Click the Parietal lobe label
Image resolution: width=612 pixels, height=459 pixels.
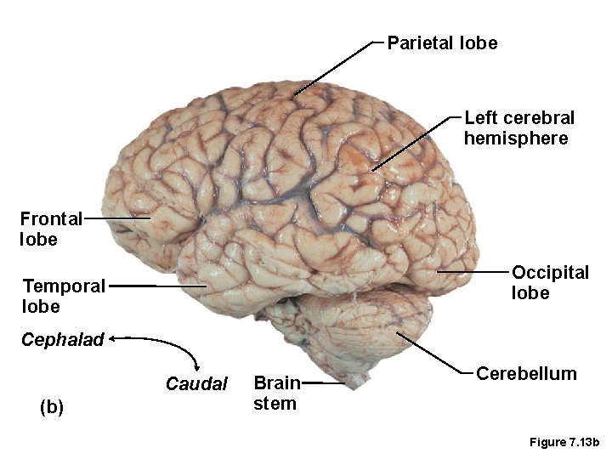tap(442, 42)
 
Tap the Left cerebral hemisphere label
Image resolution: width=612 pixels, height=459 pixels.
tap(518, 127)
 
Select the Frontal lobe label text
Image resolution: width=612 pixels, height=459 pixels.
tap(50, 229)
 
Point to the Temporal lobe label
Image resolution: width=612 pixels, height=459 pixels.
tap(64, 296)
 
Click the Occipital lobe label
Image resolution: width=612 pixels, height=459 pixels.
tap(550, 282)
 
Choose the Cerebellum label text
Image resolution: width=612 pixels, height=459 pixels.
tap(526, 373)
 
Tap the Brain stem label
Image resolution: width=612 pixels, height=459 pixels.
tap(276, 393)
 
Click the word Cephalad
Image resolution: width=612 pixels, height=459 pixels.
tap(62, 340)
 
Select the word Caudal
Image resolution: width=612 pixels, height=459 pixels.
tap(196, 384)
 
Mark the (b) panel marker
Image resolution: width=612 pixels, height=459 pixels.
tap(52, 407)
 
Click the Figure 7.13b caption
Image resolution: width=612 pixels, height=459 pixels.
tap(564, 442)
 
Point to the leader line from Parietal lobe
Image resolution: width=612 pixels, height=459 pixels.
tap(336, 66)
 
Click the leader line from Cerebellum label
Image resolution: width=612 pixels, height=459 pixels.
tap(433, 353)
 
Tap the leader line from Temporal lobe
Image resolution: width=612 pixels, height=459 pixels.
tap(157, 286)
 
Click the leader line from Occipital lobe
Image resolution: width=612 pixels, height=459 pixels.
tap(472, 271)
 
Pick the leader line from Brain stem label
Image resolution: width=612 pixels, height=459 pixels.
tap(323, 383)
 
